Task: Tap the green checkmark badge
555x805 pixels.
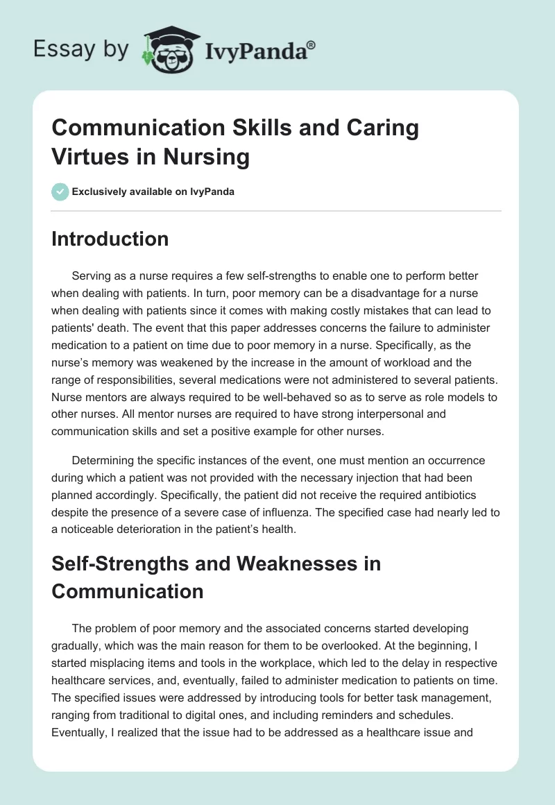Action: [60, 192]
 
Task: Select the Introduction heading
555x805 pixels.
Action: [110, 239]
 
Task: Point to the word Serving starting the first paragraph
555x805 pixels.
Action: [93, 276]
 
